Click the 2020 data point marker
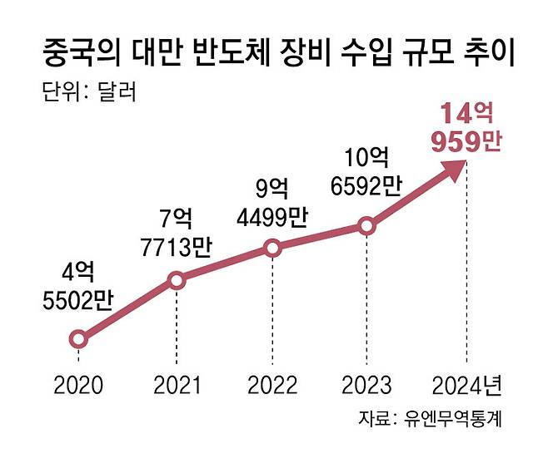[78, 338]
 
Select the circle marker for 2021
[176, 281]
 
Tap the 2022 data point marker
[272, 248]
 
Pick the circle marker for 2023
[366, 225]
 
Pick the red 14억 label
[466, 114]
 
